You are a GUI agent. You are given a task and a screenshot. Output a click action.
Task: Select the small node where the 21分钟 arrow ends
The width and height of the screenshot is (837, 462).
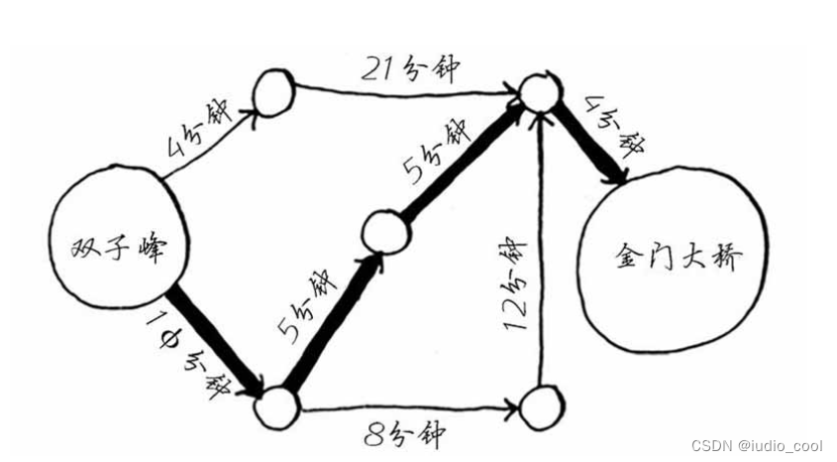pos(539,92)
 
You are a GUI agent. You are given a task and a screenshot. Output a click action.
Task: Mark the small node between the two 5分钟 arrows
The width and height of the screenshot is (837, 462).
pos(382,232)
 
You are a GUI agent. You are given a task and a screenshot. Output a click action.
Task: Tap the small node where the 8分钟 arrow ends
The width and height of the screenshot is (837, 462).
pos(539,406)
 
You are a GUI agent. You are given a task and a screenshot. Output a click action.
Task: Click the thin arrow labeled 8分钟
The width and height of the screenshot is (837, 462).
pos(406,406)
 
